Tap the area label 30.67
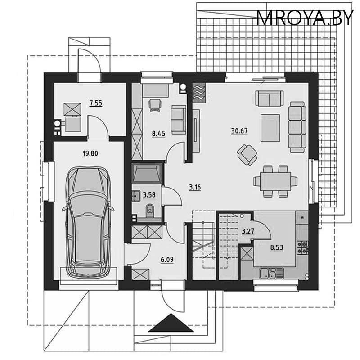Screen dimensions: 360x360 (239, 131)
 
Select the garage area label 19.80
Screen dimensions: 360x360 (90, 153)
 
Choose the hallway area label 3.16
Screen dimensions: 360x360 (194, 187)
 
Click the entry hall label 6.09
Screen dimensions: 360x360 (166, 259)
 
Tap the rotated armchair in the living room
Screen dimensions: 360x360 (247, 154)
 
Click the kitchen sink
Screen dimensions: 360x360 (269, 272)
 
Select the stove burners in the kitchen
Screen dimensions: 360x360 (301, 247)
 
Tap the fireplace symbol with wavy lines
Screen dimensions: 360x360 (198, 92)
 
